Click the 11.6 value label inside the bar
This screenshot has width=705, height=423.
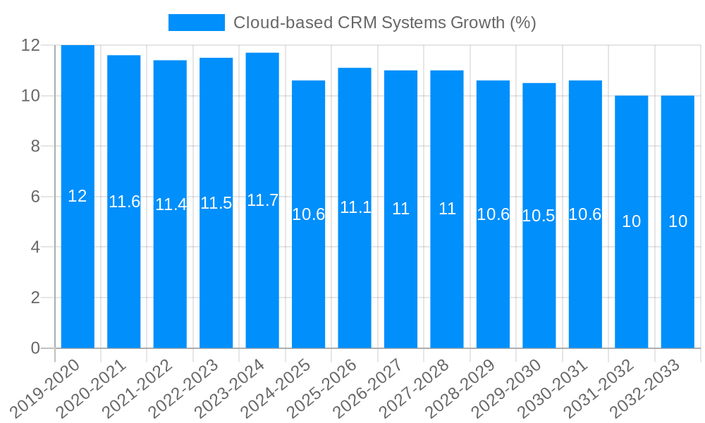tap(124, 202)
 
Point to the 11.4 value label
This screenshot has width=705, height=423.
tap(171, 204)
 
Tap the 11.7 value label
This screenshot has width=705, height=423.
tap(262, 200)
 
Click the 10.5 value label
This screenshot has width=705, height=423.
tap(539, 216)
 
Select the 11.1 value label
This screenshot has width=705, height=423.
tap(355, 207)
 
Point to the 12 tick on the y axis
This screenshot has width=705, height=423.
tap(30, 45)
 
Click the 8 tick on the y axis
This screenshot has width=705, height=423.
tap(35, 146)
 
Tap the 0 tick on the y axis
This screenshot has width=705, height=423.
tap(35, 348)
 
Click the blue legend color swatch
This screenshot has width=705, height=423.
tap(196, 23)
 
